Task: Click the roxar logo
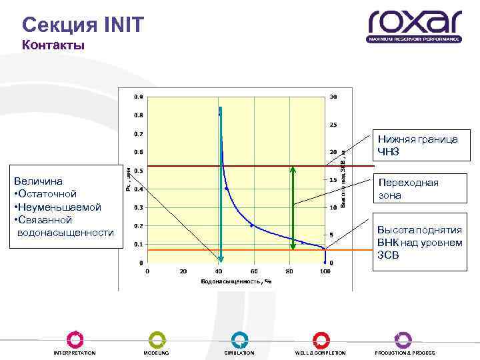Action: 414,25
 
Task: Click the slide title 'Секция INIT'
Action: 82,25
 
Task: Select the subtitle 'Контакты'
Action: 53,45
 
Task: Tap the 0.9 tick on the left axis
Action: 137,97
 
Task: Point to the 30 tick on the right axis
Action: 333,97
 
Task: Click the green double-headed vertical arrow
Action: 291,207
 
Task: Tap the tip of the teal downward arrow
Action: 220,260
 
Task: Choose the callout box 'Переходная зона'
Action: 418,189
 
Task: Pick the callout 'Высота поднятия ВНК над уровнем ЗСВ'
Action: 418,242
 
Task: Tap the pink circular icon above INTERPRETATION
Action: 75,339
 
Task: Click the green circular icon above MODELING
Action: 157,339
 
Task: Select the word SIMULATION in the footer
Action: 239,353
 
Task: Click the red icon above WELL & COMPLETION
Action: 321,339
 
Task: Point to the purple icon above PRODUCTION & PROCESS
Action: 403,339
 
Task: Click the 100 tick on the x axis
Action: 325,271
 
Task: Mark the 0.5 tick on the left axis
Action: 137,171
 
